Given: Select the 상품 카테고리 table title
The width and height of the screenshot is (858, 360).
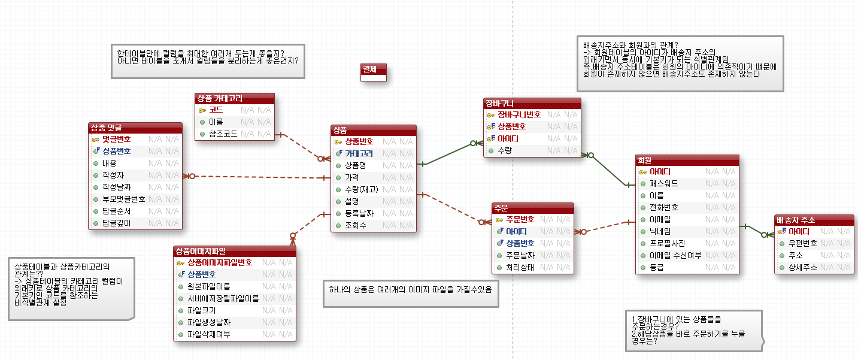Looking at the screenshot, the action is point(219,98).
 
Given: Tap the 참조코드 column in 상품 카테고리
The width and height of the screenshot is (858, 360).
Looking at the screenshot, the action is point(223,134).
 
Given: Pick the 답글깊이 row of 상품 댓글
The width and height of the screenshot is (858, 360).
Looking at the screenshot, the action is point(116,223).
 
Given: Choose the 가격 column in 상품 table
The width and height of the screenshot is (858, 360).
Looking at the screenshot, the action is point(351,177).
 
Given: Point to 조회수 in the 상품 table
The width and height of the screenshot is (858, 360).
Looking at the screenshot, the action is point(355,225).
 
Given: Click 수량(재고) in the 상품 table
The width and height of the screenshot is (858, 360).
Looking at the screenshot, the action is point(361,189).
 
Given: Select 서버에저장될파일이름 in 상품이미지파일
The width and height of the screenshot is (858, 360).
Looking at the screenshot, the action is point(223,298).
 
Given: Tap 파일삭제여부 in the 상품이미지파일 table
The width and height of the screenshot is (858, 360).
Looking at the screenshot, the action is point(208,334).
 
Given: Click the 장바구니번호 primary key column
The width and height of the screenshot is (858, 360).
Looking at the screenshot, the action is point(519,114).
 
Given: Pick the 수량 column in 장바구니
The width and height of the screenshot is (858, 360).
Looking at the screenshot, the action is point(504,150).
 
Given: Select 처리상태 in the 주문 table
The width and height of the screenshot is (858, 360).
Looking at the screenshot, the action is point(520,267).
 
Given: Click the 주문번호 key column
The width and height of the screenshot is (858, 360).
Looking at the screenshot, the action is point(520,219).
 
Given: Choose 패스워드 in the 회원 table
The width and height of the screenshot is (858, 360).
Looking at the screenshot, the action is point(663,183).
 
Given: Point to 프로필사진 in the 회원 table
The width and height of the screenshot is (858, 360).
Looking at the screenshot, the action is point(667,243).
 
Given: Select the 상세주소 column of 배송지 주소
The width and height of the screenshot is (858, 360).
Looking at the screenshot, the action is point(802,267).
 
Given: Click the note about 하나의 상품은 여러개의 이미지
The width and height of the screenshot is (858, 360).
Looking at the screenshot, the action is point(410,290).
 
